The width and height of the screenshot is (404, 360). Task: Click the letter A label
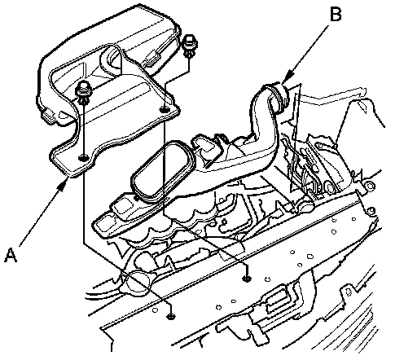coord(11,255)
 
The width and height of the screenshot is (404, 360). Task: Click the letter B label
coord(336,14)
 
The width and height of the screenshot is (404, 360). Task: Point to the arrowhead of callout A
coord(64,185)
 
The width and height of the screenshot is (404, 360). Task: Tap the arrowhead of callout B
coord(287,77)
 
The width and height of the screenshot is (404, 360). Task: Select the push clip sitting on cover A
coord(84,93)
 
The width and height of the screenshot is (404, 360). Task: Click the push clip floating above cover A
coord(189,46)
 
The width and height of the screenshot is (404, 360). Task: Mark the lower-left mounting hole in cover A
coord(83,157)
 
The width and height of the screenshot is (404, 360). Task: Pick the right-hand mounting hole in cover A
coord(164,110)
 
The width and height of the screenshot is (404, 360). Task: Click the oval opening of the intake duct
coord(162,172)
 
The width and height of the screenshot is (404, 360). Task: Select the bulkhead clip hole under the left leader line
coord(170,316)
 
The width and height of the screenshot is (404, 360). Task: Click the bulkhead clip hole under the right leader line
coord(247,278)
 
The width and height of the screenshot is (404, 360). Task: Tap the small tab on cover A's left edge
coord(48,116)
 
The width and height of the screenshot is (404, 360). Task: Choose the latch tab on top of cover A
coord(152,59)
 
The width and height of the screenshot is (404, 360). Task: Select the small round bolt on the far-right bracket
coord(370,187)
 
